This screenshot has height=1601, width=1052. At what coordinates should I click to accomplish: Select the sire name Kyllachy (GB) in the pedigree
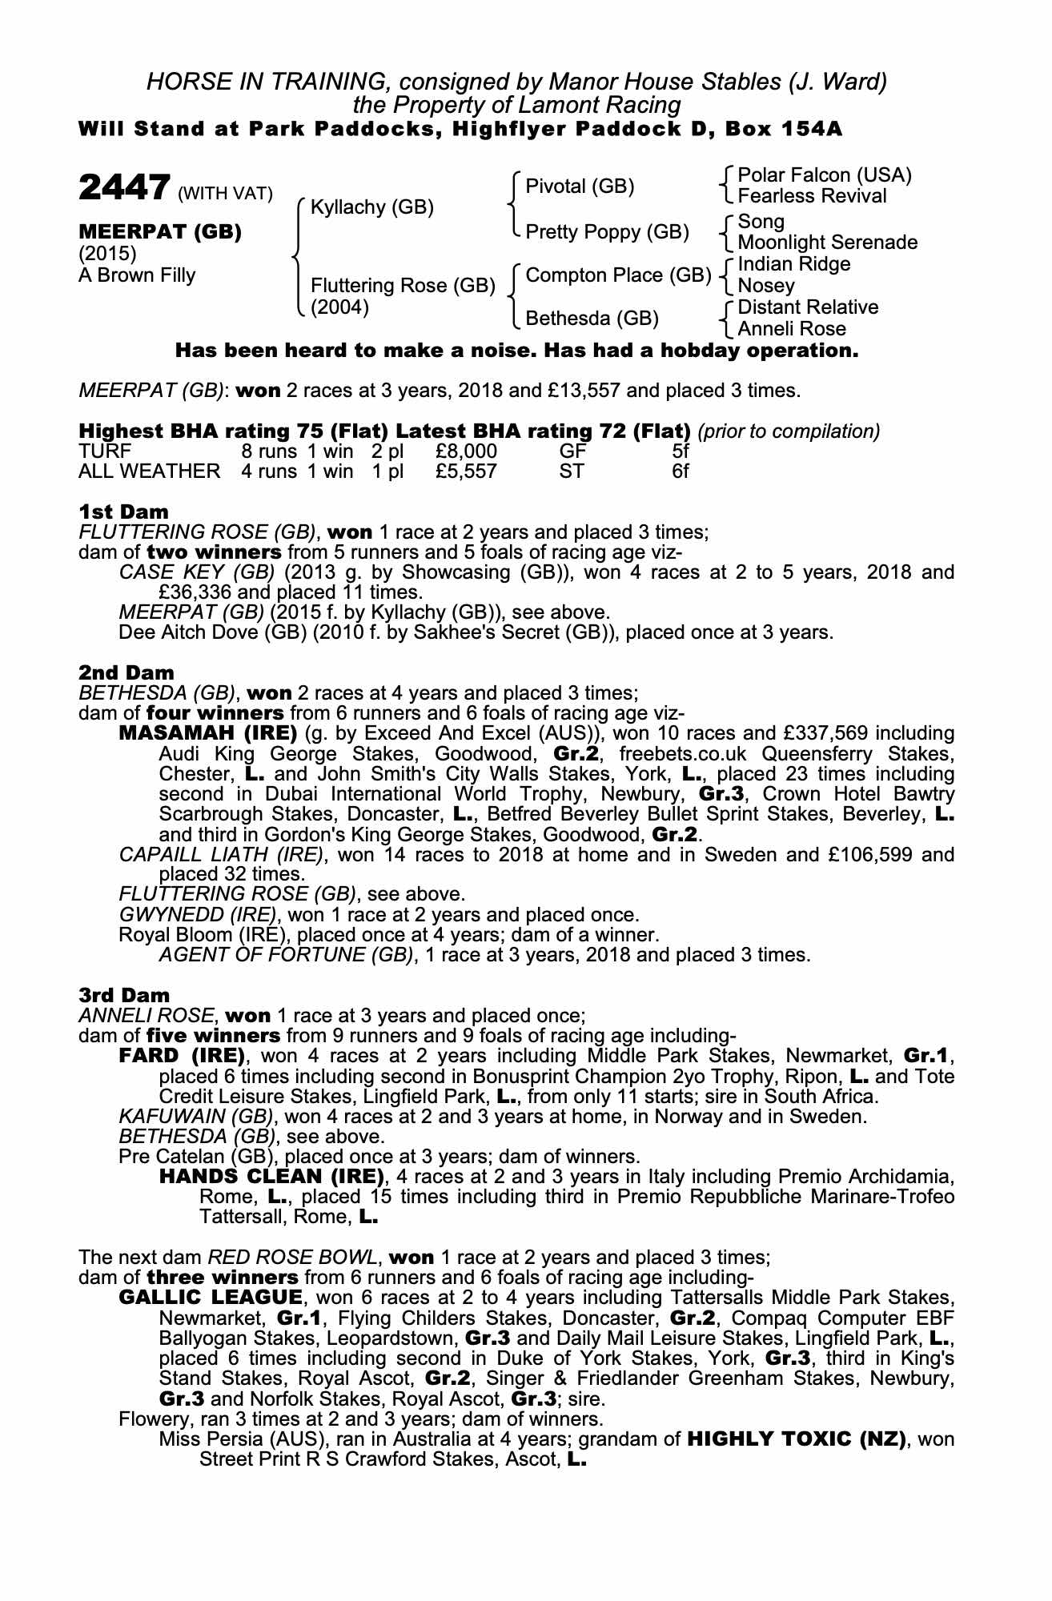tap(371, 207)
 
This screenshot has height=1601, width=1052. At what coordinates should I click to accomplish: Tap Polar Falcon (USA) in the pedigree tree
tap(824, 175)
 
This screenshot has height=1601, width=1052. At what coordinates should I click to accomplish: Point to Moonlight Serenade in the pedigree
tap(827, 243)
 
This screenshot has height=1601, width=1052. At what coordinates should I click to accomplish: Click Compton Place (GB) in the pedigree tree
tap(618, 275)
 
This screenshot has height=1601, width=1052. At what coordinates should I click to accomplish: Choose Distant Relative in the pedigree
tap(807, 307)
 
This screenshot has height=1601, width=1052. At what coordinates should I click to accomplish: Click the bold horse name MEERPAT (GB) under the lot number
tap(159, 232)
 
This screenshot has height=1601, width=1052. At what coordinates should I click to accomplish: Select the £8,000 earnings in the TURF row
tap(466, 451)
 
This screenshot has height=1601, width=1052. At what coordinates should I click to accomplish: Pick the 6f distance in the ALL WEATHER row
tap(680, 471)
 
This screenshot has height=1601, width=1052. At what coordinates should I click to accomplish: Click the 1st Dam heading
tap(123, 512)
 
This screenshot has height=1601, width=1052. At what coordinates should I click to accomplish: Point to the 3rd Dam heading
tap(124, 995)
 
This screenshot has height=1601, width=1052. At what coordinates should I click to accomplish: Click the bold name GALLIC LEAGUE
tap(210, 1297)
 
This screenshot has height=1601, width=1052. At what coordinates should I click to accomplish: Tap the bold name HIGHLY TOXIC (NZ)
tap(797, 1439)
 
